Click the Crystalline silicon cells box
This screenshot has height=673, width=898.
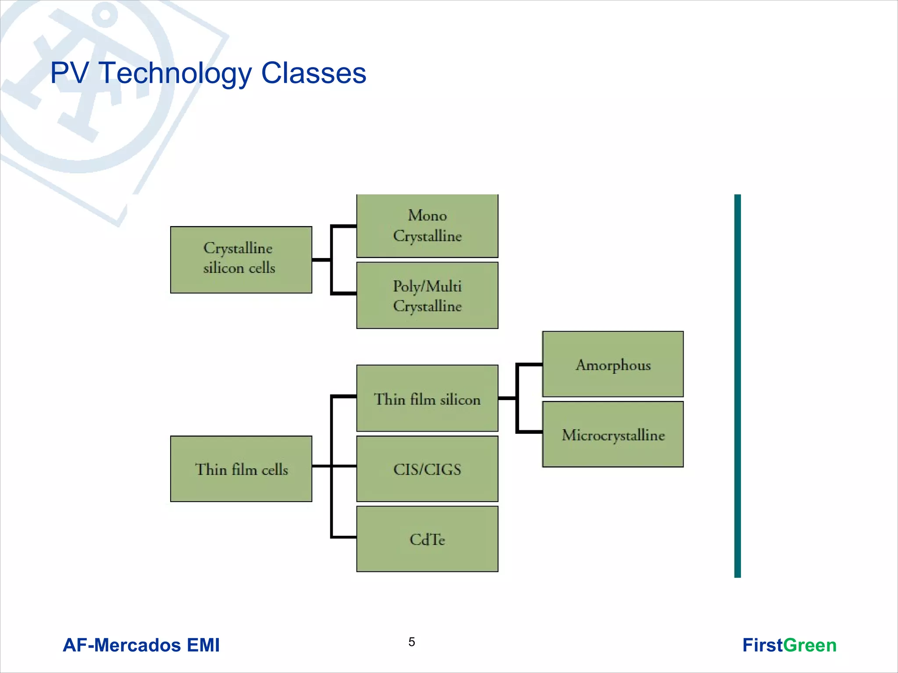coord(241,259)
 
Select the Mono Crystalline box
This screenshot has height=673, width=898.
coord(427,226)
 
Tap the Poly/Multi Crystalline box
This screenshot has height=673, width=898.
coord(427,295)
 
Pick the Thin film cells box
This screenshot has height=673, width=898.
coord(241,468)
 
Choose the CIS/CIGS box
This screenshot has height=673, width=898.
coord(427,468)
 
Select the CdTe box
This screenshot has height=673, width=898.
coord(427,538)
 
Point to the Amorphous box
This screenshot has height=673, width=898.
coord(613,364)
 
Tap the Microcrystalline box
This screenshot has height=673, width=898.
coord(613,434)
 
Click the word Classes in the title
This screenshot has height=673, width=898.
coord(314,73)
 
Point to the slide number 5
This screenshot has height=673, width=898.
coord(411,642)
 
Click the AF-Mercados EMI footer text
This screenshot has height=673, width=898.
coord(141,645)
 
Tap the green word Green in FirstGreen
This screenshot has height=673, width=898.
coord(809,645)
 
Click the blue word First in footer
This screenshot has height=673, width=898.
coord(762,645)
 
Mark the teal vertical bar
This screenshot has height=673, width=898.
coord(738,386)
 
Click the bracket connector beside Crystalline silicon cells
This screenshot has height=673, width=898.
coord(332,260)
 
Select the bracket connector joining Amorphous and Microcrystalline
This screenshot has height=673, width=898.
coord(518,398)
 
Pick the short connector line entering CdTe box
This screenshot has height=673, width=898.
coord(344,537)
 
